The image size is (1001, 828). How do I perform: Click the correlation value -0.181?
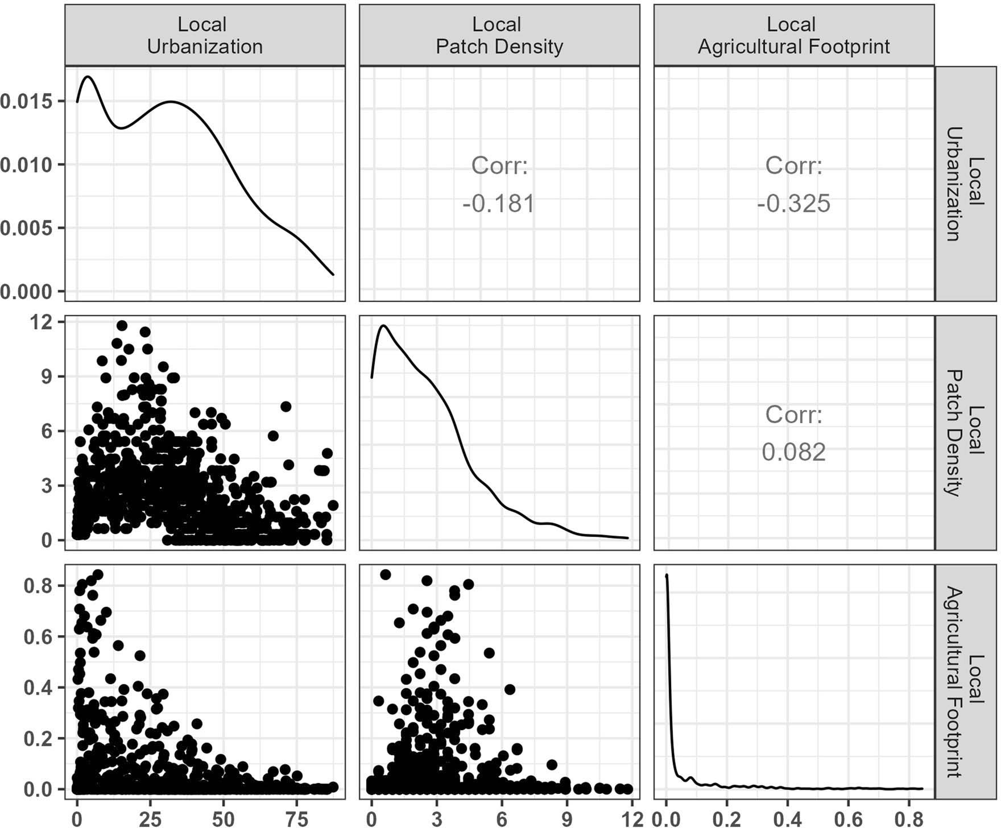tap(499, 204)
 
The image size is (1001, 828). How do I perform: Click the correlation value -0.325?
tap(793, 204)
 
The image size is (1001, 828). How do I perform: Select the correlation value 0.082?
tap(793, 452)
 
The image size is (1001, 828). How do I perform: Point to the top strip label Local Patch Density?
tap(499, 35)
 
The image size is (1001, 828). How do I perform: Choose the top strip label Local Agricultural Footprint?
tap(793, 35)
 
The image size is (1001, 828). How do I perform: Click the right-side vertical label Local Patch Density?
tap(965, 433)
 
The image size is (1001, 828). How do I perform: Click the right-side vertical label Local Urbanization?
tap(965, 184)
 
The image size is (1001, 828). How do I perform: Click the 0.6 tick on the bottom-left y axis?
tap(38, 637)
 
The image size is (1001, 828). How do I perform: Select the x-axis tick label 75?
tap(296, 819)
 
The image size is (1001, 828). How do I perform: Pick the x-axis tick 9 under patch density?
tap(566, 819)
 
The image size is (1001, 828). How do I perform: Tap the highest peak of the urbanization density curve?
tap(88, 76)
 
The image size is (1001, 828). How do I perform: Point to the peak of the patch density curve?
tap(384, 326)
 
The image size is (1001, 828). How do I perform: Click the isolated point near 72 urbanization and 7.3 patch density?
tap(286, 407)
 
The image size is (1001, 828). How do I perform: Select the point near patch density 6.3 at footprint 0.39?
tap(510, 689)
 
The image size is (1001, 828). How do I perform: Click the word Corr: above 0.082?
tap(793, 415)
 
